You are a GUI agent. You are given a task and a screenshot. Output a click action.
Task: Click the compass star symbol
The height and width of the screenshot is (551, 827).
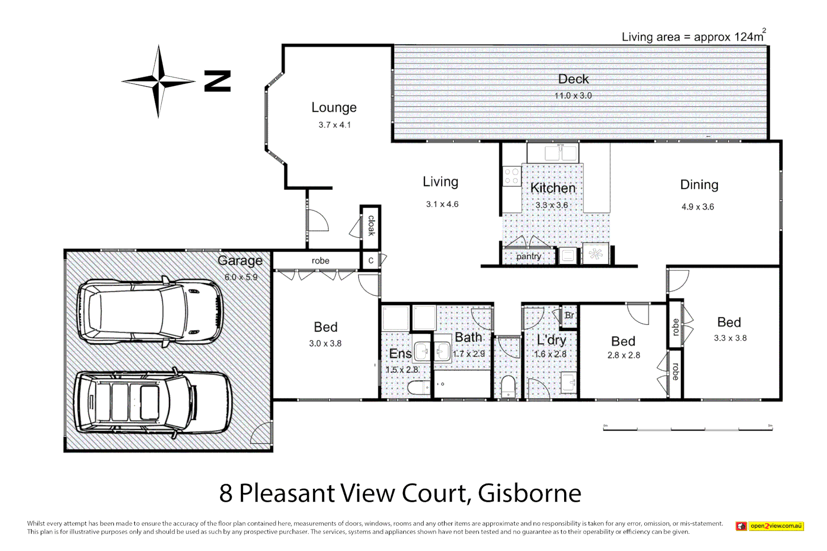158,81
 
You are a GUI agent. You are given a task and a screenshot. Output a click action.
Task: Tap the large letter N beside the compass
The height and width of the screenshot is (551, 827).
217,81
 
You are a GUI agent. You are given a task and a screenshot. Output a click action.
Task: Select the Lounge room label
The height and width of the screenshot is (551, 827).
334,108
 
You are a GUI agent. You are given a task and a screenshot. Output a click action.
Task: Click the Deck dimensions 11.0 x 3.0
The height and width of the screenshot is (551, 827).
573,95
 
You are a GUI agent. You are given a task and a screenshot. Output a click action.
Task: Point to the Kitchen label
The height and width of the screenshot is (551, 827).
553,188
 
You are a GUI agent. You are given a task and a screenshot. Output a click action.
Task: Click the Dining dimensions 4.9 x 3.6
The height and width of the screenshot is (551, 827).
697,207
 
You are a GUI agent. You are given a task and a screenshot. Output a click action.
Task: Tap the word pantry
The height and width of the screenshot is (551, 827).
528,256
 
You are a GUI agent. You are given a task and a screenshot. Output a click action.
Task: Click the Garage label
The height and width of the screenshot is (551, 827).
240,261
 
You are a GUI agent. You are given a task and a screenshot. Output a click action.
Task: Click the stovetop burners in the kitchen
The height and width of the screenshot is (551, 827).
512,177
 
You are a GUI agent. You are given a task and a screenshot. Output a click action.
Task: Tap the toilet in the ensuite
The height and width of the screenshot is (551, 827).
419,388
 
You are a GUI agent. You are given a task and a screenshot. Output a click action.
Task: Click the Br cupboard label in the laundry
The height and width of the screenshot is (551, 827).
569,315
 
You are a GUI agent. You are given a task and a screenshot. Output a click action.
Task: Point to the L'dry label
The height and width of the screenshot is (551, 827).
551,340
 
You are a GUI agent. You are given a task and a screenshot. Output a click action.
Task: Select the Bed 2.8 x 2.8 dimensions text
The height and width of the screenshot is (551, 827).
623,355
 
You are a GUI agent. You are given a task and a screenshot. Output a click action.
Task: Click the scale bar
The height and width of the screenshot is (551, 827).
688,429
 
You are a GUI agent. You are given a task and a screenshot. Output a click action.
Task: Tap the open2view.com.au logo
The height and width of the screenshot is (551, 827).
770,526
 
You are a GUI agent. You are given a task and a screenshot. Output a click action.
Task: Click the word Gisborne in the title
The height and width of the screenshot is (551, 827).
529,493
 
